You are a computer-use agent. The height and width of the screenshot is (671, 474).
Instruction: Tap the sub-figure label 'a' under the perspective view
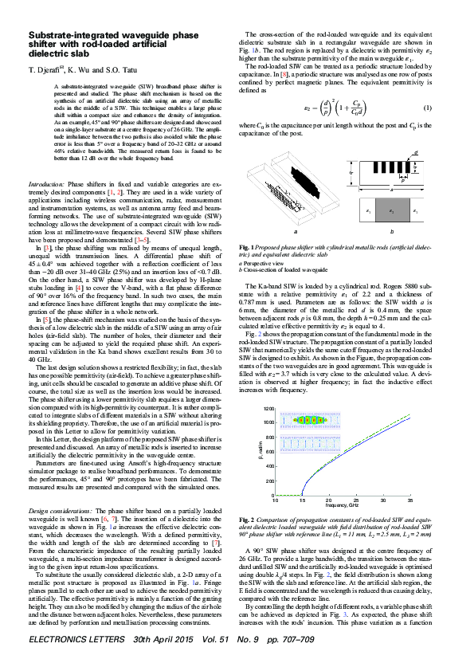296,232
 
